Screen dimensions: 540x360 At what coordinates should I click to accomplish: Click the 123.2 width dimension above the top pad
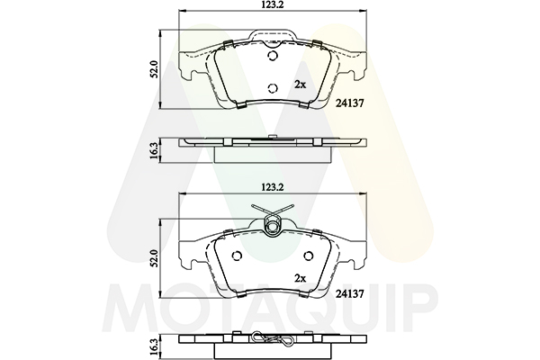[273, 4]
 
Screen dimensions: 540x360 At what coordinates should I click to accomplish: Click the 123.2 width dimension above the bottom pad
[273, 187]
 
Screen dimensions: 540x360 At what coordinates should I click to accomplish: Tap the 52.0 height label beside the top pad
[154, 69]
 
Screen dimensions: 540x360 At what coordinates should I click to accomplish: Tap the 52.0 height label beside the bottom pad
[154, 258]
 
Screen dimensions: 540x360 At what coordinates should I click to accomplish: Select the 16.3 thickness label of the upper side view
[154, 150]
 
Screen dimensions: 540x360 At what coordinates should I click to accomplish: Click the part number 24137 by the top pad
[349, 103]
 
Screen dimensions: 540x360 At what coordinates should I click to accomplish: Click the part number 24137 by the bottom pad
[349, 293]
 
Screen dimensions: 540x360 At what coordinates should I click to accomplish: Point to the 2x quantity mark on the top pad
[301, 85]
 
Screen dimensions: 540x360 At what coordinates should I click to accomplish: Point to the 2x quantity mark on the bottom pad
[301, 278]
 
